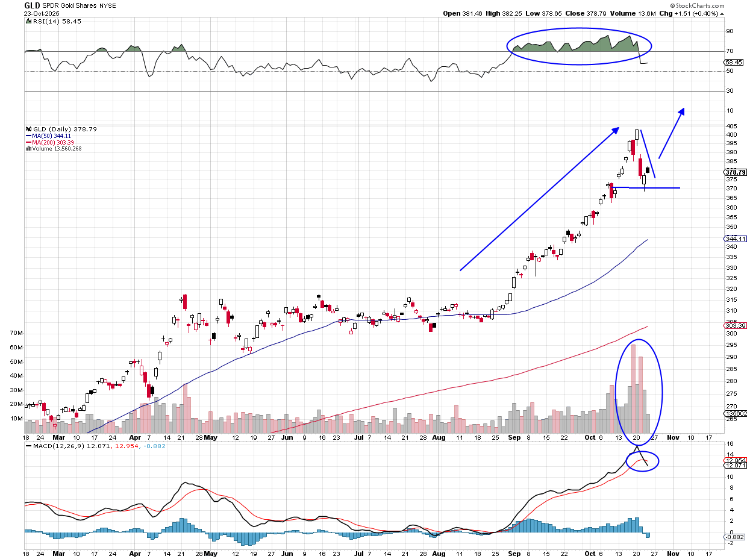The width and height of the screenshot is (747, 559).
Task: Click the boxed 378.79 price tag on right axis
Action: point(736,172)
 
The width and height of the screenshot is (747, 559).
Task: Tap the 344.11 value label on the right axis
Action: point(736,239)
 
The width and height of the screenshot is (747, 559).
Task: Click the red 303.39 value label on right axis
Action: point(736,325)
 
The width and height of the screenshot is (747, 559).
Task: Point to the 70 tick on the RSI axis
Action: point(730,52)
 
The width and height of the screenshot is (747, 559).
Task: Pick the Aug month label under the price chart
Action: point(439,437)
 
